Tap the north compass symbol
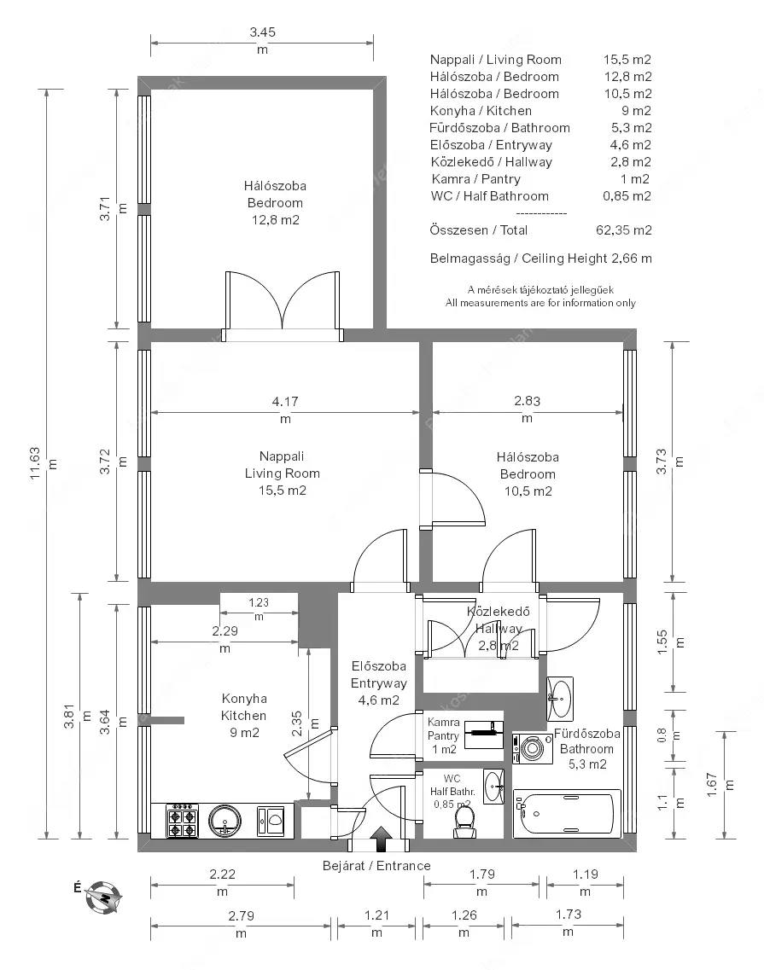[x=102, y=897]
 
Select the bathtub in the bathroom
[x=567, y=814]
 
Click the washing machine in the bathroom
[x=533, y=748]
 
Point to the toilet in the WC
[x=464, y=822]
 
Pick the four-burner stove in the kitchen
[x=182, y=821]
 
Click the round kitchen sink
[x=225, y=821]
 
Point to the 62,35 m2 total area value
[x=623, y=230]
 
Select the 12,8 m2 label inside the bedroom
[x=276, y=220]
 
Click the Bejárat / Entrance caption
[x=376, y=865]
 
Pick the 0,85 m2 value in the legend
[x=627, y=196]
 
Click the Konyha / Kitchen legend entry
[x=481, y=111]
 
